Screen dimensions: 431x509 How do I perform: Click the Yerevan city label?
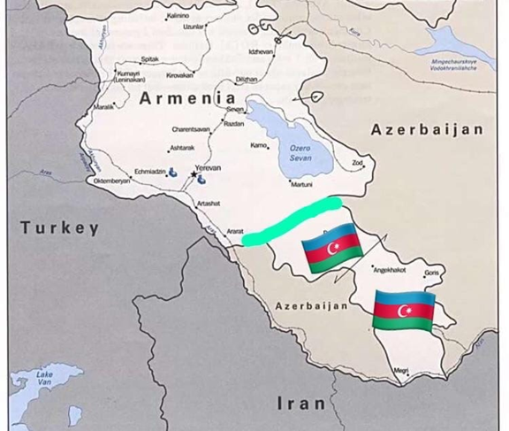tap(208, 167)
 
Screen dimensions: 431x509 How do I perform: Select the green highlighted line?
tap(292, 220)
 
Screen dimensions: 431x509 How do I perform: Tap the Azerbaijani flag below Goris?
tap(403, 311)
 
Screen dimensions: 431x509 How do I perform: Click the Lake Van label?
tap(44, 378)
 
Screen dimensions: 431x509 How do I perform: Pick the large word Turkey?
tap(60, 228)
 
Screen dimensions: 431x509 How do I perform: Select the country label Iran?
tap(301, 404)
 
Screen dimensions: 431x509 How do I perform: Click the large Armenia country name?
tap(187, 98)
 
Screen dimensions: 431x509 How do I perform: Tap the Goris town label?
tap(432, 273)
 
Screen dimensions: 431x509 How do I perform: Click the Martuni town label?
tap(302, 184)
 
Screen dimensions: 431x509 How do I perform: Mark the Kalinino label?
tap(178, 16)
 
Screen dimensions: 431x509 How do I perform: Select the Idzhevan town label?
tap(262, 52)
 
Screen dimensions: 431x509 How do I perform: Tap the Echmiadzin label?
tap(149, 171)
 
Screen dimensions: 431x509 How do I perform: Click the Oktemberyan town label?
tap(112, 181)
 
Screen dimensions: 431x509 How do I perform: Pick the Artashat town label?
tap(209, 203)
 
